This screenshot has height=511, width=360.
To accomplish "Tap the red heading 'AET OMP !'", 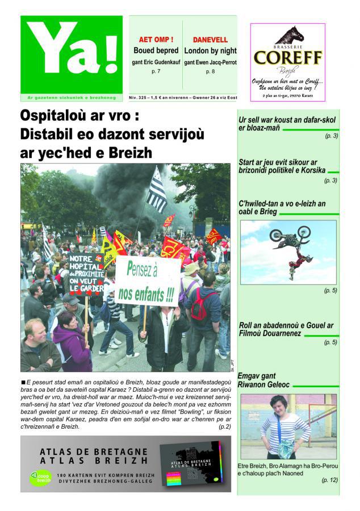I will (x=156, y=40).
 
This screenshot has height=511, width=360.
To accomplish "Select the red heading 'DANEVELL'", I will (x=210, y=40).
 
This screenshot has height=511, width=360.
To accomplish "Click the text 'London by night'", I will (x=210, y=51).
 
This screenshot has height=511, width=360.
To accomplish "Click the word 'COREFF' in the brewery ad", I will (x=288, y=57).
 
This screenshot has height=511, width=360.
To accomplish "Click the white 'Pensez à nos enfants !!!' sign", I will (x=147, y=281).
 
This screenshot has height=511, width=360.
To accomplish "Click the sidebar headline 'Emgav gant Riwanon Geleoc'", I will (x=265, y=380).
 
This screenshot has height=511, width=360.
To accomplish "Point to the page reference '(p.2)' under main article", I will (x=224, y=426).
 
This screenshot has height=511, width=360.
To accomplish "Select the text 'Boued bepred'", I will (x=156, y=51).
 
